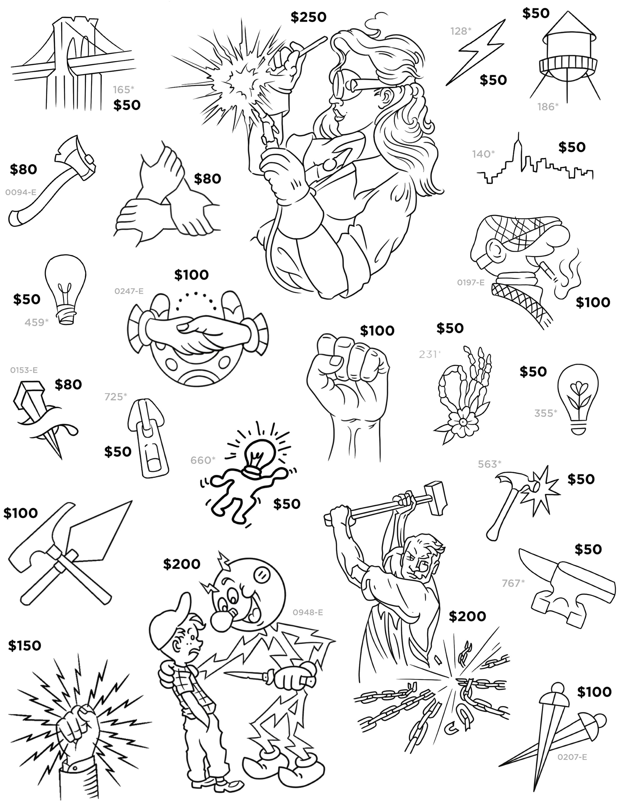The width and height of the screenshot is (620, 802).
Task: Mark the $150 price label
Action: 24,645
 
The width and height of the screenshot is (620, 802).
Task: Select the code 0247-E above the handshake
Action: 129,291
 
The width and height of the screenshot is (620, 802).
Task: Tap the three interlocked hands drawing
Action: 167,198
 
